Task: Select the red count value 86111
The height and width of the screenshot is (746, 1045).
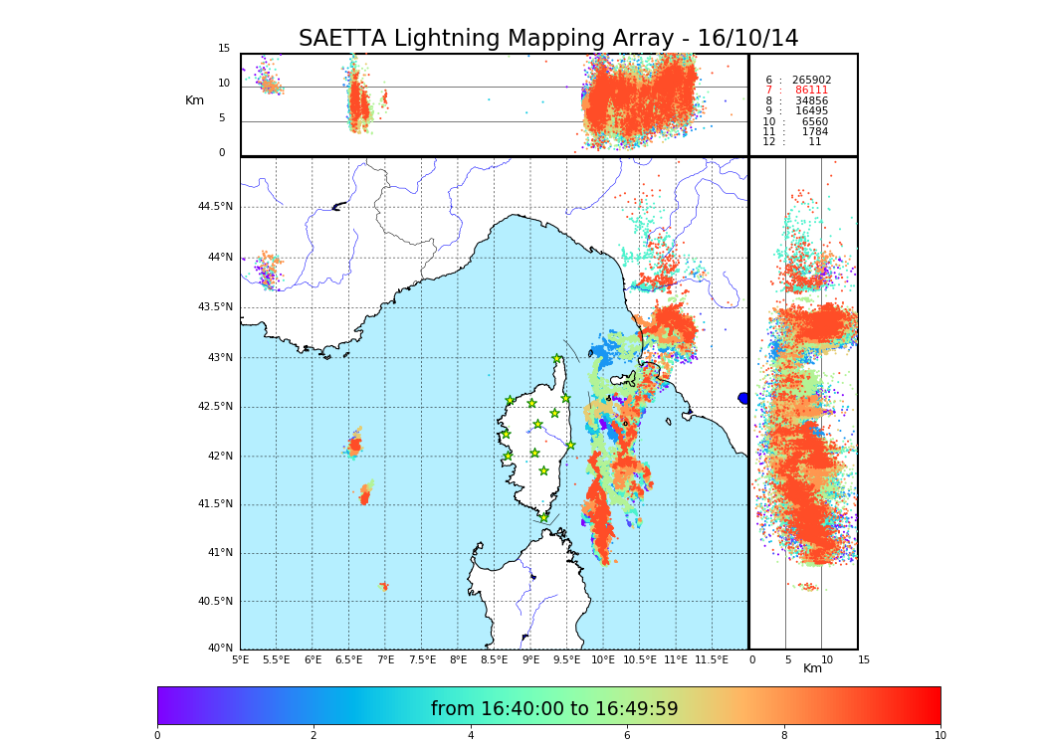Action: (x=811, y=91)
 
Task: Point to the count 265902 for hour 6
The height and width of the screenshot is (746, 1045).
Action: (x=811, y=80)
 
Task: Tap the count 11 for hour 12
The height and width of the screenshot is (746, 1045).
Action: (x=814, y=142)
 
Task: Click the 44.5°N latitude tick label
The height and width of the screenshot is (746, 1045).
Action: (x=214, y=207)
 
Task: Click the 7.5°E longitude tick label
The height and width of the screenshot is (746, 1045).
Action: (x=422, y=659)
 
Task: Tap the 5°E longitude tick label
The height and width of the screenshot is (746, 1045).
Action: (x=240, y=659)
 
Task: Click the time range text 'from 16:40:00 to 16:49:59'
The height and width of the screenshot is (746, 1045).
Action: (x=553, y=709)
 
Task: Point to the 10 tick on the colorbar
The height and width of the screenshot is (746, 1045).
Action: (x=940, y=735)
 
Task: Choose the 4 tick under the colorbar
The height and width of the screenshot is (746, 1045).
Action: (x=471, y=735)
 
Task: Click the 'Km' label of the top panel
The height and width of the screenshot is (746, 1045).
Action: (x=194, y=100)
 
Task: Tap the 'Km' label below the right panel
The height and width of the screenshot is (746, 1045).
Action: (x=812, y=668)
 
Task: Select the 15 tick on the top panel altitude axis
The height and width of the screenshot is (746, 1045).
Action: (x=224, y=49)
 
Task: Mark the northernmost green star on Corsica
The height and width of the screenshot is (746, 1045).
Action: (x=557, y=359)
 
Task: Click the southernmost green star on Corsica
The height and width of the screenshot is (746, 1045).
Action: (x=543, y=517)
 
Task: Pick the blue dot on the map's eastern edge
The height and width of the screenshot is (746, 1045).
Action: (x=742, y=398)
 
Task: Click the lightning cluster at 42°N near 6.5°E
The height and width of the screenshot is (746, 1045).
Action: (x=355, y=446)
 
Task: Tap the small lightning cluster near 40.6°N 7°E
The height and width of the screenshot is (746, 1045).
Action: (x=384, y=587)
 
